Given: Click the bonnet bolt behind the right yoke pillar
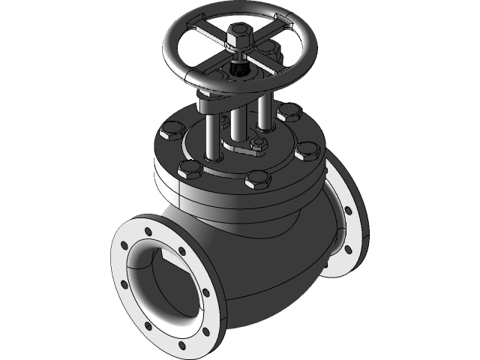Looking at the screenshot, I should [x=287, y=113].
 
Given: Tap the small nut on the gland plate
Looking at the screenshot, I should [x=259, y=144].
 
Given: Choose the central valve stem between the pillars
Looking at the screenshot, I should [x=238, y=124].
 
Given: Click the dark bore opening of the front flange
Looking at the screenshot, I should [x=165, y=285].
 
